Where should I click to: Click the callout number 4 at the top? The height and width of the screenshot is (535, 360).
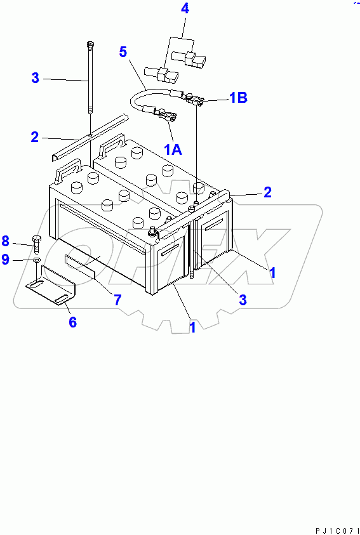coord(185,9)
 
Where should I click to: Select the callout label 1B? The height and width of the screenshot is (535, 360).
coord(237,98)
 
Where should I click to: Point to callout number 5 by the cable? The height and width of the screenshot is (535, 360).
coord(123,52)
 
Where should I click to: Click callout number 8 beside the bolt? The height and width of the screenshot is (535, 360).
coord(5,241)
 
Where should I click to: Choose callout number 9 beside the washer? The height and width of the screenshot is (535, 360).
coord(5,259)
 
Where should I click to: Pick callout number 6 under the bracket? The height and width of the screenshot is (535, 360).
coord(72,322)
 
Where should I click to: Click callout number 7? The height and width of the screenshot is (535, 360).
coord(117,300)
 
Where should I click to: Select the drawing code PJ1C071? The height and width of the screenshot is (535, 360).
coord(336,529)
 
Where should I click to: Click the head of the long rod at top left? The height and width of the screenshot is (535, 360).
coord(90,44)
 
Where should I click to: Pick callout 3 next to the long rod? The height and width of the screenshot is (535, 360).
coord(36,79)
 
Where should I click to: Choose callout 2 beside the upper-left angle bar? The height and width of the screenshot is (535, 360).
coord(36,136)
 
